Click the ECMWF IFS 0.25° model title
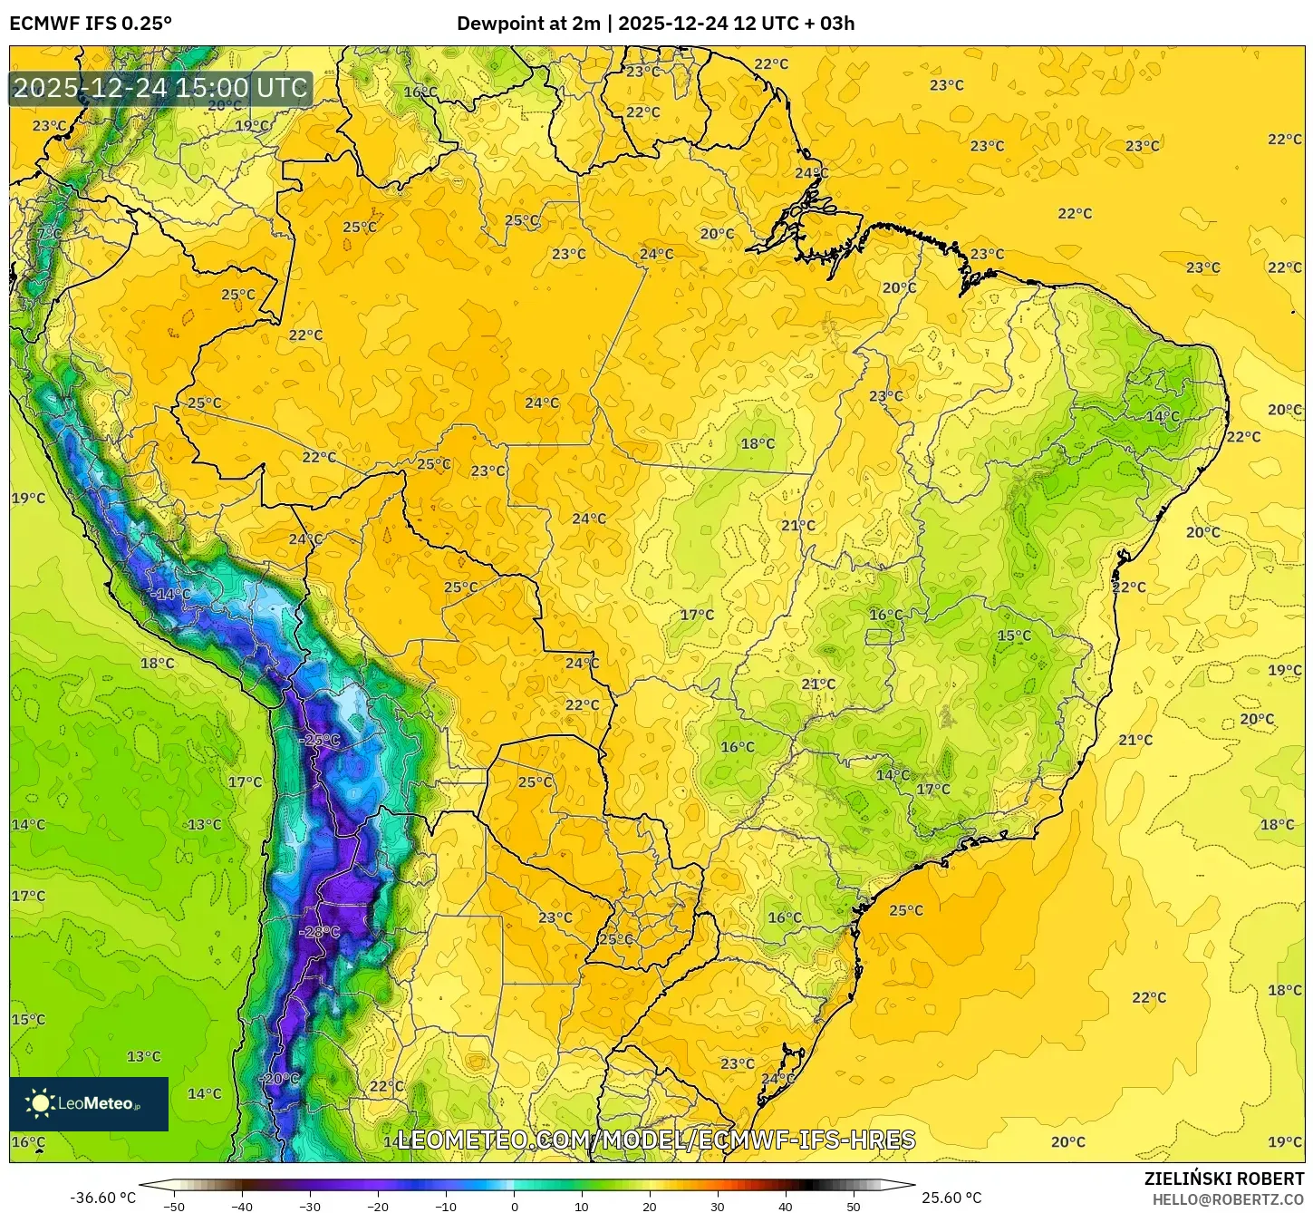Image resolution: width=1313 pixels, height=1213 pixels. point(91,24)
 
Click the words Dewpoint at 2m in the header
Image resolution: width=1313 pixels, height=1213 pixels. point(528,24)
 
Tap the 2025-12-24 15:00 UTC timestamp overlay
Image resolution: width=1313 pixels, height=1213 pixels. point(160,88)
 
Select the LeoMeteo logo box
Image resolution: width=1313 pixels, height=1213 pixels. point(89,1103)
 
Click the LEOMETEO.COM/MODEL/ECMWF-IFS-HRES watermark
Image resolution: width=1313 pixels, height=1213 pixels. point(656,1140)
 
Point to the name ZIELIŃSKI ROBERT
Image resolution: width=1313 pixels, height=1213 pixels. point(1224,1179)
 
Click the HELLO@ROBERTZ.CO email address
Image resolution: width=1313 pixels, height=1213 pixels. point(1228,1199)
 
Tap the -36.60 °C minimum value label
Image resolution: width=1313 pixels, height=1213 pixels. point(102,1198)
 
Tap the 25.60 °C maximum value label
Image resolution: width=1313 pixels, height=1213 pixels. point(951,1198)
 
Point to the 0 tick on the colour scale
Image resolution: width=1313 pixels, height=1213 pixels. point(514,1206)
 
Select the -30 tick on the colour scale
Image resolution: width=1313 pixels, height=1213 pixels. point(310,1206)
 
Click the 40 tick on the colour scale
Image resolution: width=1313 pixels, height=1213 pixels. point(786,1206)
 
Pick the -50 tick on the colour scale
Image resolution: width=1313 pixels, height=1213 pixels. point(174,1206)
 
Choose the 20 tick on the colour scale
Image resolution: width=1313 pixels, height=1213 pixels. point(650,1206)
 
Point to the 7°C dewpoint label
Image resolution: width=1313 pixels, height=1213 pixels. point(49,234)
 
